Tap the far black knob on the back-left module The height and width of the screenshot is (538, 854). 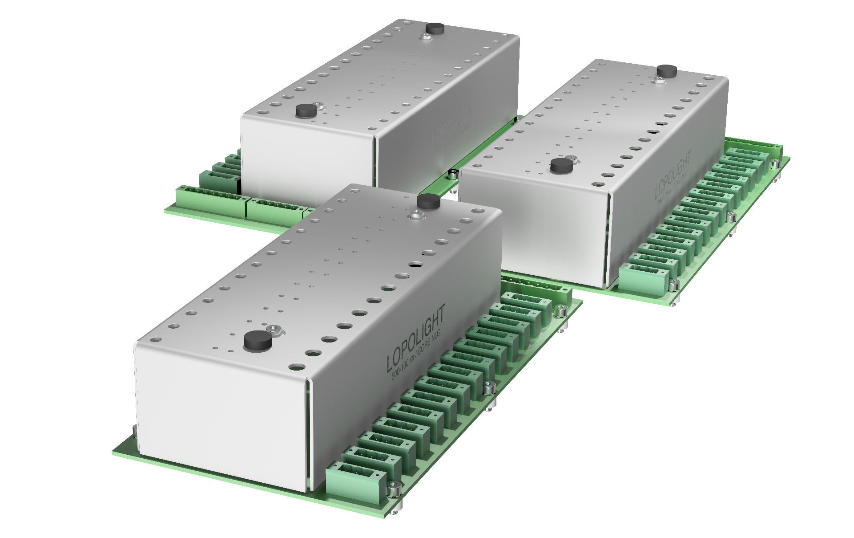(435, 28)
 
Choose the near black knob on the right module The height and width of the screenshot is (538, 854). (559, 166)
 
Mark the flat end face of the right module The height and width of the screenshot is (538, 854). (534, 227)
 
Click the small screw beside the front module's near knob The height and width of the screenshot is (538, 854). (272, 329)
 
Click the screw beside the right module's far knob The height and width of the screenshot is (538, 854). (657, 81)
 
